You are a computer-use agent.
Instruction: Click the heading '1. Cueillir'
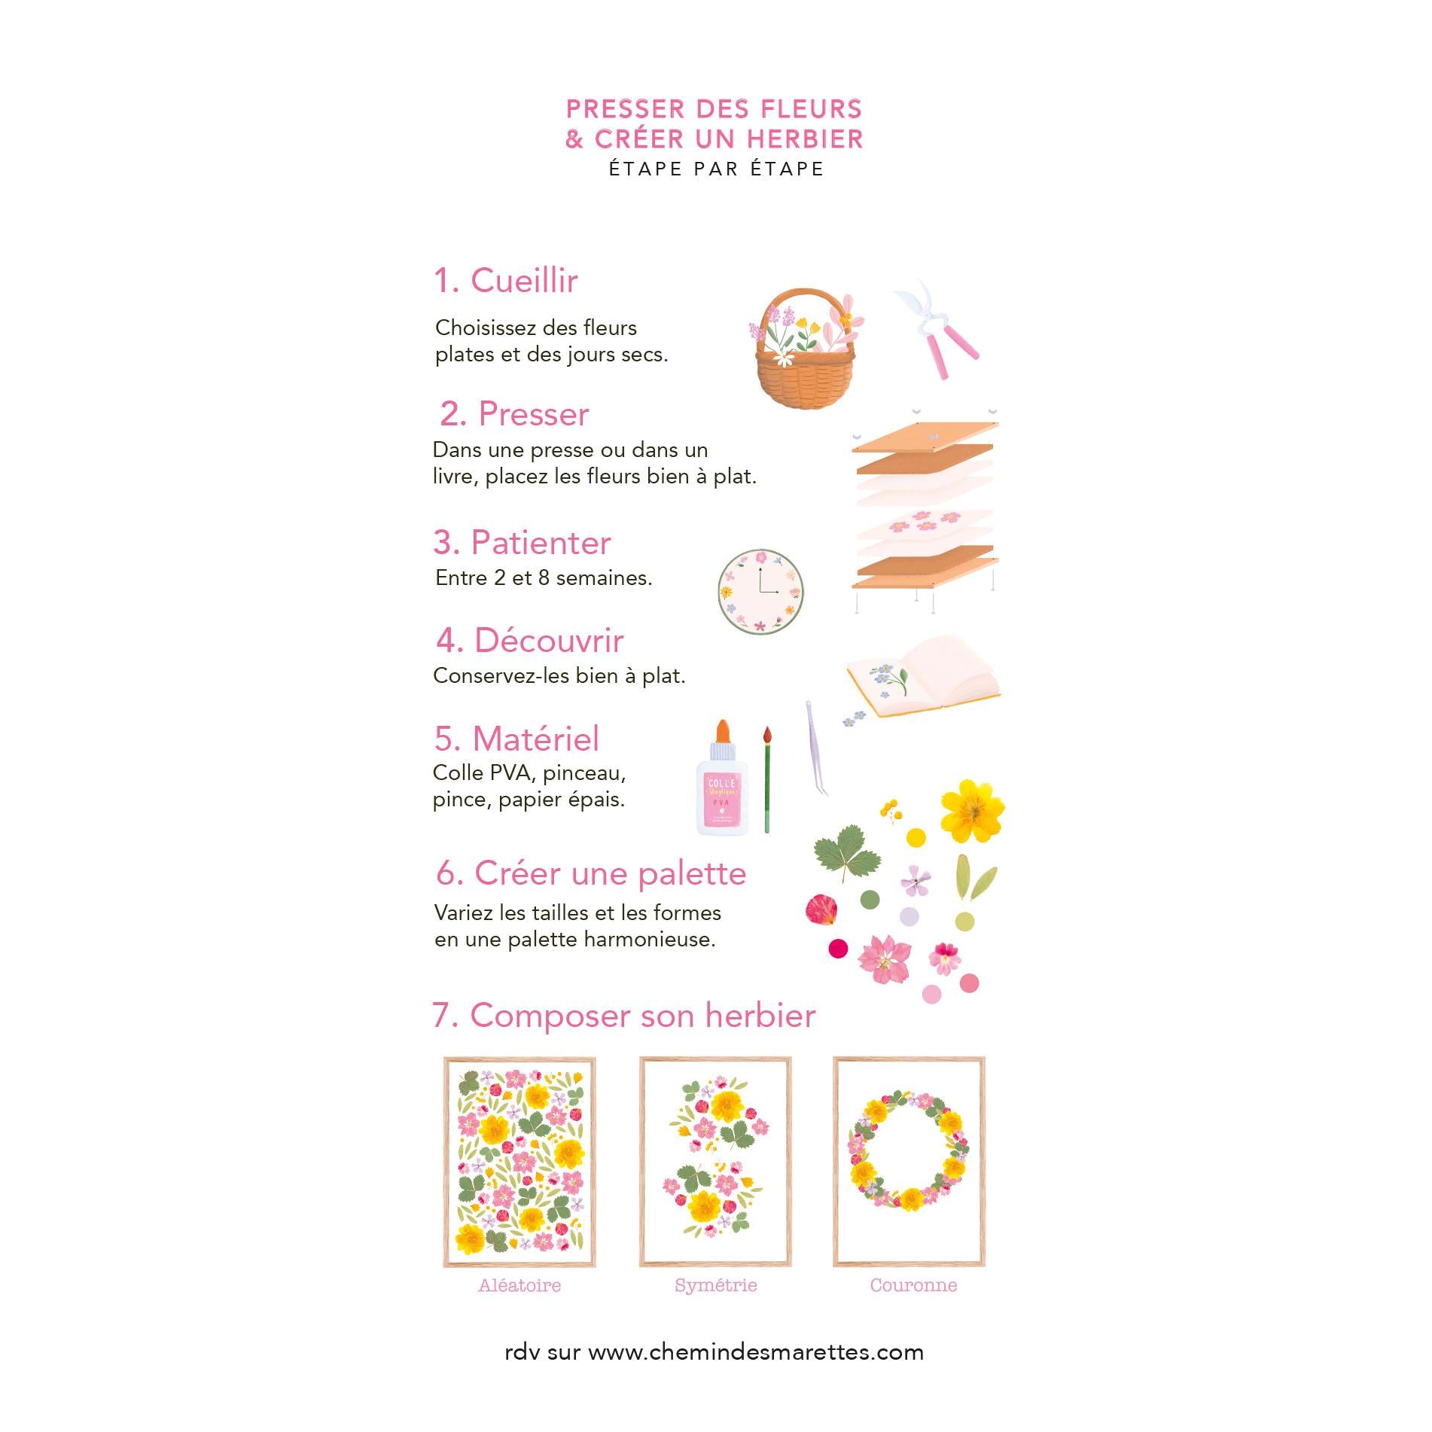[506, 281]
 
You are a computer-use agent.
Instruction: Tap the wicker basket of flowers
[806, 349]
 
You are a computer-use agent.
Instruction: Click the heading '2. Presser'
[514, 414]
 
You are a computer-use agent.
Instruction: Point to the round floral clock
[760, 592]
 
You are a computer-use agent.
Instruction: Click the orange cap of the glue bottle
[723, 730]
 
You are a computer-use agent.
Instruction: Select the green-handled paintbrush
[767, 779]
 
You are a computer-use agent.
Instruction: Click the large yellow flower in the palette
[973, 811]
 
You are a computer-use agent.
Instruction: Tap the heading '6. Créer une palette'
[591, 874]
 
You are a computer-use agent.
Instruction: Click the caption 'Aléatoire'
[519, 1285]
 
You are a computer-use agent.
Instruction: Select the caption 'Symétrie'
[716, 1285]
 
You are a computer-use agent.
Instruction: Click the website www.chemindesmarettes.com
[756, 1352]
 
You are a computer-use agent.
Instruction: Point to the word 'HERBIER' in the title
[806, 139]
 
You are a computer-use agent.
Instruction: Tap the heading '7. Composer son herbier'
[624, 1016]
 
